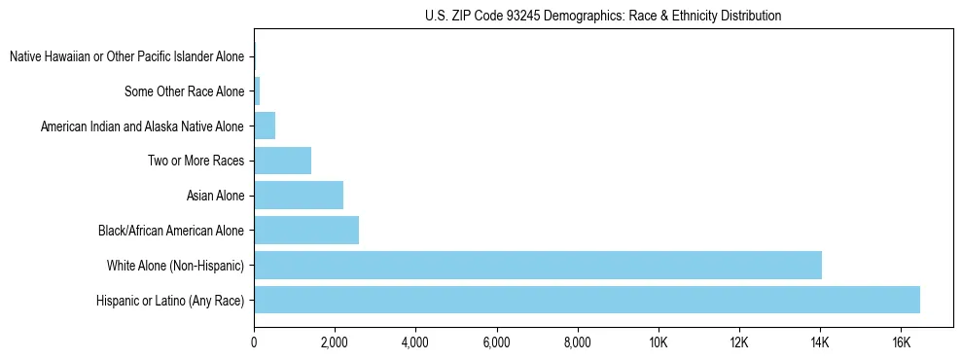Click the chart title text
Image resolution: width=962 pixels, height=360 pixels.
click(603, 16)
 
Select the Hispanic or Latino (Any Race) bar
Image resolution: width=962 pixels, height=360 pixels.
click(587, 300)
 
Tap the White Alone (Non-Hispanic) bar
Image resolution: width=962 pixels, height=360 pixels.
click(538, 265)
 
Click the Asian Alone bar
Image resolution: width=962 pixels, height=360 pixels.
click(299, 196)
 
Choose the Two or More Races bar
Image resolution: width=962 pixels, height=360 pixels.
click(282, 161)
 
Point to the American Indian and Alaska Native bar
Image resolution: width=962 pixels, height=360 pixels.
click(265, 126)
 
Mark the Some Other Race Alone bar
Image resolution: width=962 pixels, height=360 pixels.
click(257, 91)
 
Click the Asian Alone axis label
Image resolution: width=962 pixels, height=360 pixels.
click(216, 197)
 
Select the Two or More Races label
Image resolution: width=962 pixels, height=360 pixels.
click(196, 162)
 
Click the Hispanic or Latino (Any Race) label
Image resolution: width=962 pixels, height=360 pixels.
click(170, 301)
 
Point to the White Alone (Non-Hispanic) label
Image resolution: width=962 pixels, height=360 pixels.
click(175, 266)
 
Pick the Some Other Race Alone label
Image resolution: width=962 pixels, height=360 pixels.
click(185, 92)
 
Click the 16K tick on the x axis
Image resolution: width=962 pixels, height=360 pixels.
click(900, 342)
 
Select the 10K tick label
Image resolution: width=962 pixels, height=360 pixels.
click(658, 342)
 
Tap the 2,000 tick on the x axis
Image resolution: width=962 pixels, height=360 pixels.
click(335, 342)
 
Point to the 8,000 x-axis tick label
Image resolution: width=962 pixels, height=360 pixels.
click(577, 342)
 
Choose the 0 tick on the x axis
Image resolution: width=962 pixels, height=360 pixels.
click(254, 342)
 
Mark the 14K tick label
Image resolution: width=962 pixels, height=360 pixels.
click(819, 342)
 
